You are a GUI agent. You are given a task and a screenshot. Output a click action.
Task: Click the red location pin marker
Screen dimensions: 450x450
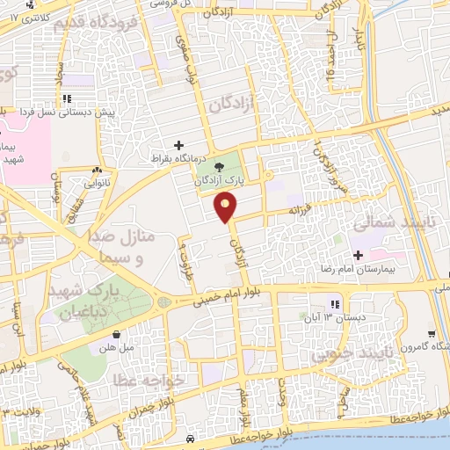[x=227, y=207]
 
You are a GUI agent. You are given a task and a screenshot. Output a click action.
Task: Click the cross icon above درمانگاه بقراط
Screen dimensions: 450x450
[x=179, y=145]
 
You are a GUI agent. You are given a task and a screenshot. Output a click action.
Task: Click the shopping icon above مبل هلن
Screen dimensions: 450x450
[x=117, y=334]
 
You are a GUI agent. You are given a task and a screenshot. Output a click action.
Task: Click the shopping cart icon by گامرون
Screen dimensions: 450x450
[x=432, y=333]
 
